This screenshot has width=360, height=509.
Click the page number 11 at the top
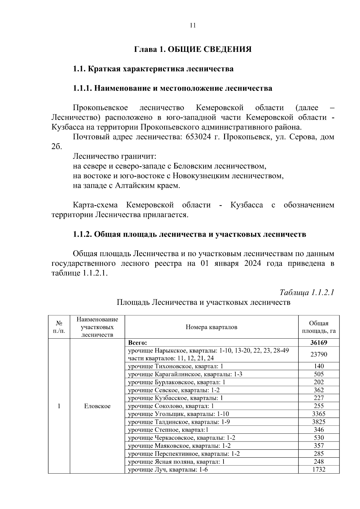coord(193,25)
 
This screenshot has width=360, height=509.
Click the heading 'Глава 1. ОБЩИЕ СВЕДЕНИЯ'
coord(193,49)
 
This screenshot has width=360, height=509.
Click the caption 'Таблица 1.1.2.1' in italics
coord(307,292)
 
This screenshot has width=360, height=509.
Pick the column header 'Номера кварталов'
coord(211,327)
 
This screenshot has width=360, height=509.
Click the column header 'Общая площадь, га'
coord(319,327)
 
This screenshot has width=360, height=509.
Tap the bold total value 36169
coord(319,343)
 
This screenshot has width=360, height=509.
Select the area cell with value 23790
coord(319,354)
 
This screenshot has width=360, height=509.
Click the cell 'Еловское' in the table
coord(97,406)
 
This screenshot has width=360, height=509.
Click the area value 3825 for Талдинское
coord(319,422)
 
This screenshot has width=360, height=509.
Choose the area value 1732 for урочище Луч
coord(319,469)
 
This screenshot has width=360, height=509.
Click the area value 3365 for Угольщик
coord(319,414)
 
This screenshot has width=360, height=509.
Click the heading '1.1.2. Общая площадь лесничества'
coord(189,234)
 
